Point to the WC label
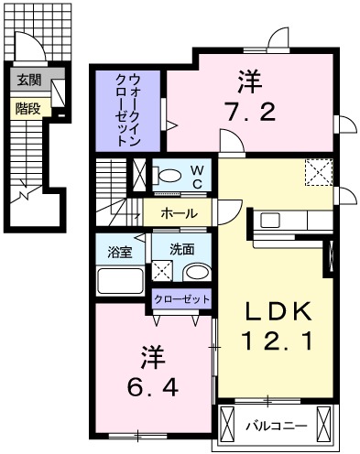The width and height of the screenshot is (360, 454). tap(196, 176)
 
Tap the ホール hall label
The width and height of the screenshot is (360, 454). tap(177, 212)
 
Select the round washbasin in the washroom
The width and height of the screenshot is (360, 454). tap(195, 272)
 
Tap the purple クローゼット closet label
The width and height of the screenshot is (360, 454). tap(181, 299)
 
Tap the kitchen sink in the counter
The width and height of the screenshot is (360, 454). tap(270, 220)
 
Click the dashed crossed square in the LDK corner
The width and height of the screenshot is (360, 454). tap(319, 172)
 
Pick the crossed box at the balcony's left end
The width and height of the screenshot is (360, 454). tap(228, 425)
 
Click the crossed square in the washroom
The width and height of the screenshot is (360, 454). tap(161, 271)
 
